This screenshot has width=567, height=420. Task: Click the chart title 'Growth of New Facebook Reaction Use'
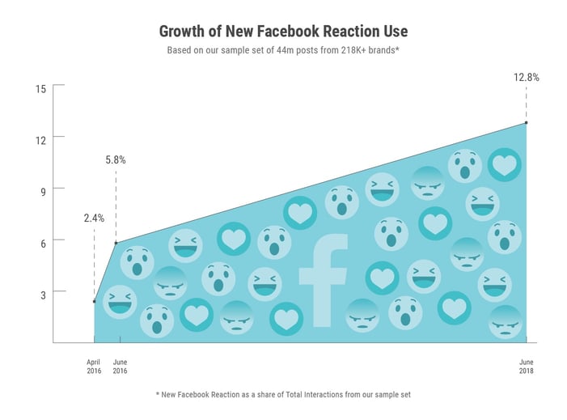(x=283, y=31)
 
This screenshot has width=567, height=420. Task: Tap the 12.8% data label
(x=526, y=78)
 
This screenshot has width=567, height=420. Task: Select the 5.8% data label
(x=116, y=159)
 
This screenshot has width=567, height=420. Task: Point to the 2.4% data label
(x=94, y=218)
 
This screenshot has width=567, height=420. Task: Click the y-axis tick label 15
(x=40, y=87)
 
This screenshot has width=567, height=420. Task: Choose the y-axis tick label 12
(x=40, y=138)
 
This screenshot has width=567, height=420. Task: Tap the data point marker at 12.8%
(x=527, y=122)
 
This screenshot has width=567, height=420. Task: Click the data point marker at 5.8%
(x=116, y=243)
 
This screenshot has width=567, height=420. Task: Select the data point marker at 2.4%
(x=95, y=301)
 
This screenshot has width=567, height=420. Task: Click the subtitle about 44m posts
(x=283, y=50)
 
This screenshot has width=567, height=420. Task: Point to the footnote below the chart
(x=283, y=395)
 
